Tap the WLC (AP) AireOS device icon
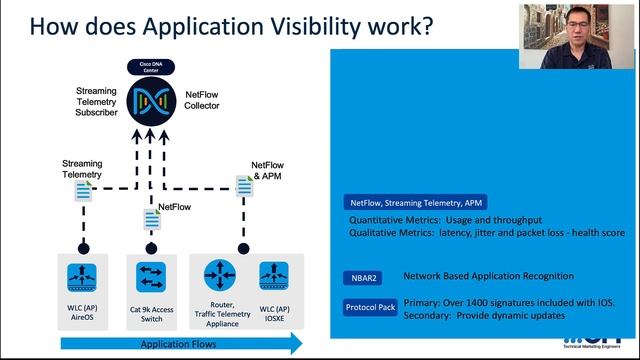click(x=81, y=276)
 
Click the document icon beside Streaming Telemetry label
click(x=83, y=189)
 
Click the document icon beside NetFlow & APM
click(x=243, y=185)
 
